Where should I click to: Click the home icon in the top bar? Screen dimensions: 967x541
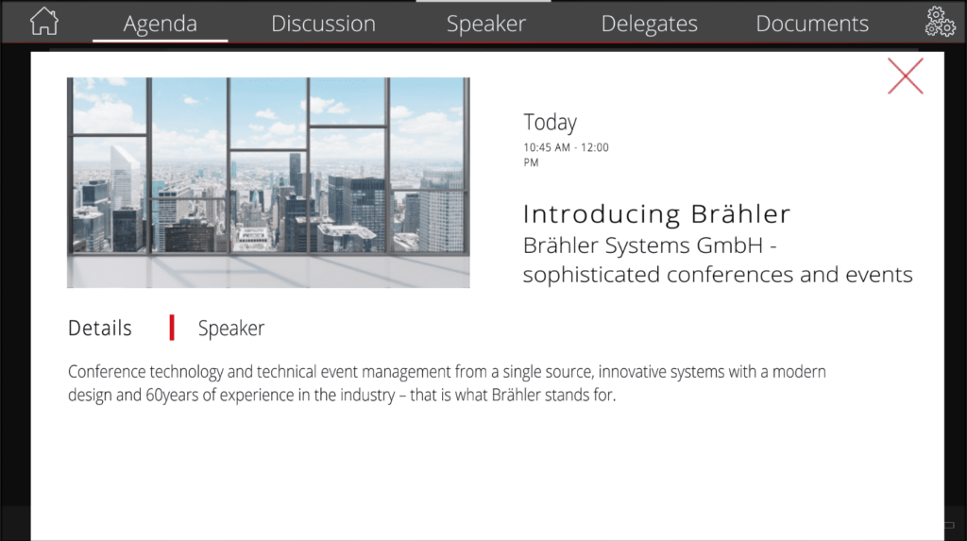44,22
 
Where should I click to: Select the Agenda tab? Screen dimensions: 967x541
161,24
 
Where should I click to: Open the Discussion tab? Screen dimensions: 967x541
323,24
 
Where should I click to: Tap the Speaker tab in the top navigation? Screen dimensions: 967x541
486,24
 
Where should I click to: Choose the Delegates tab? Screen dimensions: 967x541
650,24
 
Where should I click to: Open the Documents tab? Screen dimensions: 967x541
812,24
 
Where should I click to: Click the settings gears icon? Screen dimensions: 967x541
940,22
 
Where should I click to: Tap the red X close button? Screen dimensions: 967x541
906,76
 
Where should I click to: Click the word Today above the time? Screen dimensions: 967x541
551,122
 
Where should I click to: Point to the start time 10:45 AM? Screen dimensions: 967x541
547,147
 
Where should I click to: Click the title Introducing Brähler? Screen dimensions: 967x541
656,214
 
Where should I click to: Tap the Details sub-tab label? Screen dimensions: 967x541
100,329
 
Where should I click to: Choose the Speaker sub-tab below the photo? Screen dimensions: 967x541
231,329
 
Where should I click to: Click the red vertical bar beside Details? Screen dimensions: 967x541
172,328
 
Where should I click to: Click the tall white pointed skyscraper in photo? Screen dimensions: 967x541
126,178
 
